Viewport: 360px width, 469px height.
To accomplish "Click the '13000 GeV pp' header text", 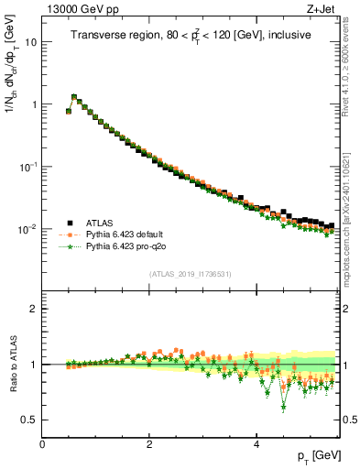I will click(x=81, y=10).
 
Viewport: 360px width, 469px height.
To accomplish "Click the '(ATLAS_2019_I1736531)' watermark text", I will click(x=190, y=273).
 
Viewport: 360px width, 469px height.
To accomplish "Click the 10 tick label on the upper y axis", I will click(x=30, y=42).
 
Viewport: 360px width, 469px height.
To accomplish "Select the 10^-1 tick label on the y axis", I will click(x=28, y=166).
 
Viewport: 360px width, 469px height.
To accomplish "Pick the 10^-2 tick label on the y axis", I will click(x=28, y=228).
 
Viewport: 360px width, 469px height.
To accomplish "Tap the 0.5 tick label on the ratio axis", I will click(x=29, y=420).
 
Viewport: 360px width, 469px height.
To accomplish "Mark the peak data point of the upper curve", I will click(x=74, y=97).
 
